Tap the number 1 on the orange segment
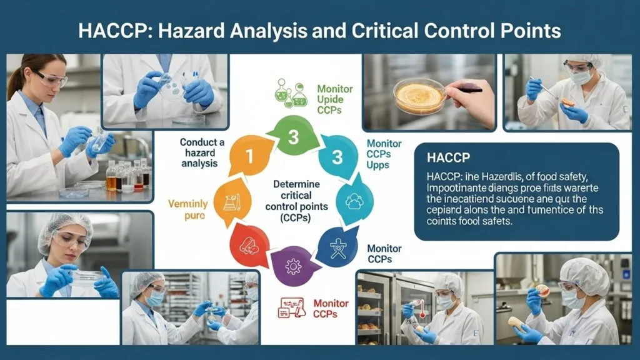[x=248, y=156]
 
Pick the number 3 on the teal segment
[x=337, y=157]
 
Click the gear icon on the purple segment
[x=292, y=267]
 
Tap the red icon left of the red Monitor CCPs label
[x=291, y=307]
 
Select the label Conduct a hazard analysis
[x=199, y=152]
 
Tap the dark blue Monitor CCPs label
[x=384, y=254]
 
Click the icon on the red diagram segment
[x=249, y=244]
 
